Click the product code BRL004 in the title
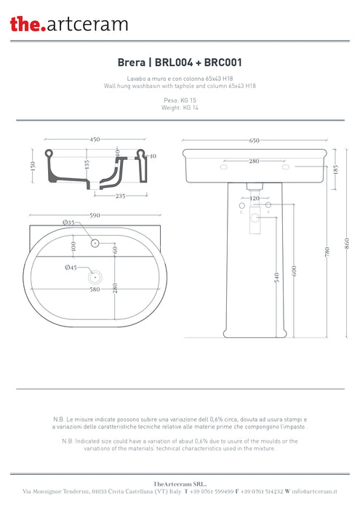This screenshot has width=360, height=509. click(170, 63)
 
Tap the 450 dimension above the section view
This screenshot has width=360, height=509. click(95, 140)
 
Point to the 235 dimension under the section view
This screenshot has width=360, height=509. click(121, 195)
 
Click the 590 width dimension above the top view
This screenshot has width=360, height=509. click(95, 216)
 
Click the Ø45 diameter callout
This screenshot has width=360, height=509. click(71, 268)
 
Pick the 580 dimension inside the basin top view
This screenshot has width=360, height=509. click(95, 289)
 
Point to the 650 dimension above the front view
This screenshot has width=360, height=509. click(254, 140)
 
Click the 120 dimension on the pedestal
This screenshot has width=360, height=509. click(255, 198)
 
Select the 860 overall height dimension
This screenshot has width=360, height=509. click(346, 242)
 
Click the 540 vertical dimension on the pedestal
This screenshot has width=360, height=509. click(277, 277)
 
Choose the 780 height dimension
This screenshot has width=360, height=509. click(328, 252)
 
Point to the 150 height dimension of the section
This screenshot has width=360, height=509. click(33, 166)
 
